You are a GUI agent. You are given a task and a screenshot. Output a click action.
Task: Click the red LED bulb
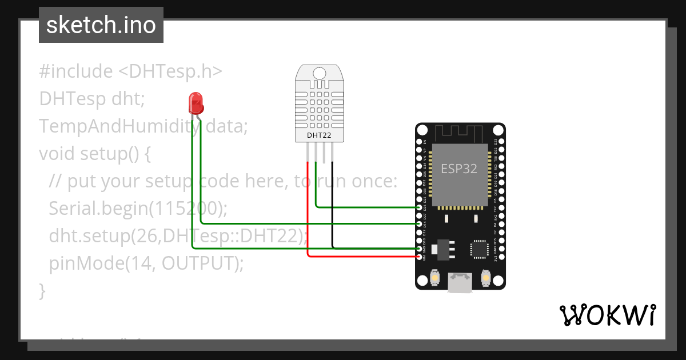pos(196,103)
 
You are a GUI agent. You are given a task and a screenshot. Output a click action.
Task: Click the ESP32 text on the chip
pos(459,169)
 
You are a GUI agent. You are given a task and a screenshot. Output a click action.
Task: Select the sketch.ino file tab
pos(101,25)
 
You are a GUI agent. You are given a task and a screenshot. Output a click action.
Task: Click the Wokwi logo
pos(607,315)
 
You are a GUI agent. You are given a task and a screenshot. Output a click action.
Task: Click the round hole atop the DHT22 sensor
pos(320,73)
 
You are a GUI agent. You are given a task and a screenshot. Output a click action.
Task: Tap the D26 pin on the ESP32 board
pos(420,207)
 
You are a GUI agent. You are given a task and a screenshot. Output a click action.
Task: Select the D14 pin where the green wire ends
pos(420,224)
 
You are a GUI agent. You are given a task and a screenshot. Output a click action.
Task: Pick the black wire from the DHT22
pos(333,206)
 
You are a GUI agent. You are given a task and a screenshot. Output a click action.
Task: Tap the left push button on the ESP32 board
pos(434,278)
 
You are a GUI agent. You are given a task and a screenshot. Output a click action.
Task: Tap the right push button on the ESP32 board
pos(486,278)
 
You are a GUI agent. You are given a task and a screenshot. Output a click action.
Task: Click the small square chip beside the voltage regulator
pos(478,249)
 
